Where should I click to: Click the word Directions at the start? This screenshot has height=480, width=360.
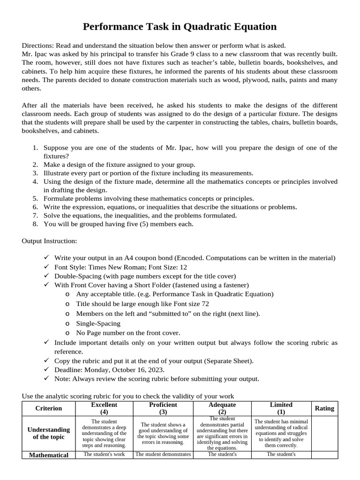click(x=37, y=45)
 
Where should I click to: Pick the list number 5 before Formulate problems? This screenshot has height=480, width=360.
click(x=35, y=198)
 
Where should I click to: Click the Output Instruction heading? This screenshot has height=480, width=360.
click(x=49, y=241)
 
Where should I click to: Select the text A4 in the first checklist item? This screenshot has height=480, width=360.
click(x=129, y=258)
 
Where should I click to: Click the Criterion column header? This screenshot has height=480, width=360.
click(x=49, y=408)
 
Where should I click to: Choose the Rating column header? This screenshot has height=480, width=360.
click(x=324, y=408)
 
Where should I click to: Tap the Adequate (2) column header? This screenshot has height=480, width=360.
click(x=222, y=408)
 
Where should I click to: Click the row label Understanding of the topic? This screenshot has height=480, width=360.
click(x=49, y=433)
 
